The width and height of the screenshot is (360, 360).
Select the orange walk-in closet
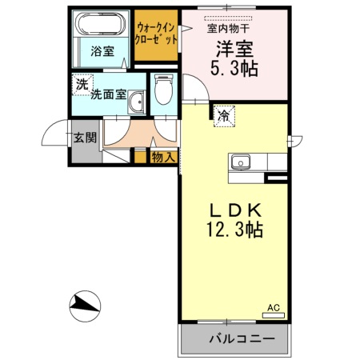click(x=155, y=35)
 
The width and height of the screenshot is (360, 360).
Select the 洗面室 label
click(x=107, y=94)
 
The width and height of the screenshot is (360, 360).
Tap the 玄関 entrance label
click(x=85, y=137)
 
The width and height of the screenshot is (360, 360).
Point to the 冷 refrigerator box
click(x=224, y=116)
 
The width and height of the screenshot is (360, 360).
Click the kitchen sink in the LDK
click(x=241, y=162)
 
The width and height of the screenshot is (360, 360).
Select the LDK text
click(x=235, y=210)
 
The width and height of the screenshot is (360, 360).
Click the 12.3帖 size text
click(x=235, y=230)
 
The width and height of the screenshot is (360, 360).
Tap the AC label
click(x=273, y=306)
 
